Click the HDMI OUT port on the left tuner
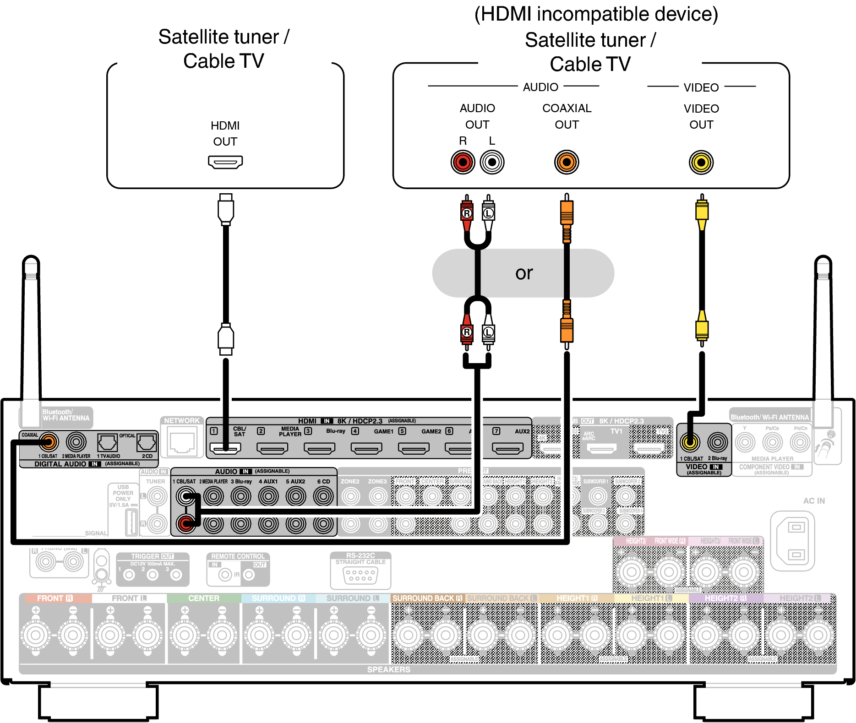pos(225,162)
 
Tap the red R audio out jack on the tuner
pos(463,162)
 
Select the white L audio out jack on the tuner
pos(492,162)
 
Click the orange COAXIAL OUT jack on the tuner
pos(567,162)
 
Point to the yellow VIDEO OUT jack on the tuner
pos(701,162)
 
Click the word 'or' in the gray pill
pos(524,273)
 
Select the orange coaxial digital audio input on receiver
pos(49,442)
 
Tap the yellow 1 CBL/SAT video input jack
pos(690,442)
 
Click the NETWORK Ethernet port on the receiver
pos(182,442)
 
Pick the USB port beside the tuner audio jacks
pos(131,522)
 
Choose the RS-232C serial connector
pos(360,575)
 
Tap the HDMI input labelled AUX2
pos(507,448)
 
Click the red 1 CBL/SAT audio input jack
pos(186,523)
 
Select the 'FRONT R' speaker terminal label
pos(55,598)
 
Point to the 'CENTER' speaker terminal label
pos(203,598)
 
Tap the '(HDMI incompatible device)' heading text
pos(596,14)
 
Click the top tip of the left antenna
pos(31,259)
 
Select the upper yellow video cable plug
pos(702,211)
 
